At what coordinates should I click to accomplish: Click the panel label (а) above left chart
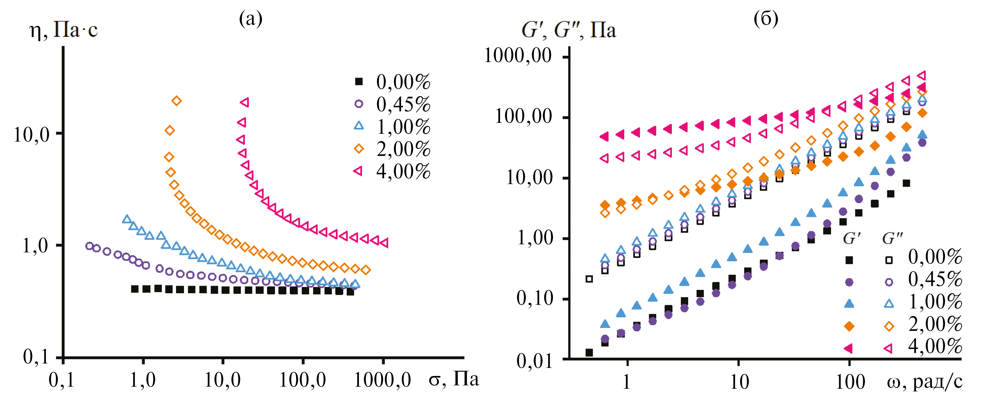click(251, 18)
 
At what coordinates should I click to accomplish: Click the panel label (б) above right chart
click(766, 18)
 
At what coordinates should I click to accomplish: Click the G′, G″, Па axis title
click(568, 30)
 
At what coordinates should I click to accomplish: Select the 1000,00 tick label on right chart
click(518, 56)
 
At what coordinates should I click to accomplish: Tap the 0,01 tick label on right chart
click(534, 360)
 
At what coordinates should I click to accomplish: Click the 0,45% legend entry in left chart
click(403, 104)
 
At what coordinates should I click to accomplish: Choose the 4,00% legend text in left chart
click(403, 171)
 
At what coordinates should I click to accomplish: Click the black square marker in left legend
click(359, 81)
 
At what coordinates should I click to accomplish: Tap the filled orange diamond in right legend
click(849, 326)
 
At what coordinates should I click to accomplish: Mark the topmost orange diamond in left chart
click(176, 101)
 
